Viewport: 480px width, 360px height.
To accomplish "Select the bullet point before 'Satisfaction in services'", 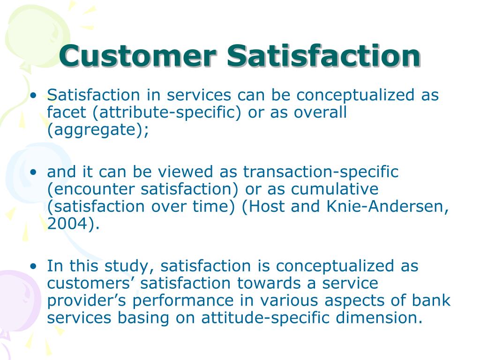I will pos(33,96).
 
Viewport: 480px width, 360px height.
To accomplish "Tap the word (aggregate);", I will pos(98,130).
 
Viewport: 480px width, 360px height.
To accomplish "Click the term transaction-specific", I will pos(321,172).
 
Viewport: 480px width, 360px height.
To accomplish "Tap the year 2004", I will pos(71,224).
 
